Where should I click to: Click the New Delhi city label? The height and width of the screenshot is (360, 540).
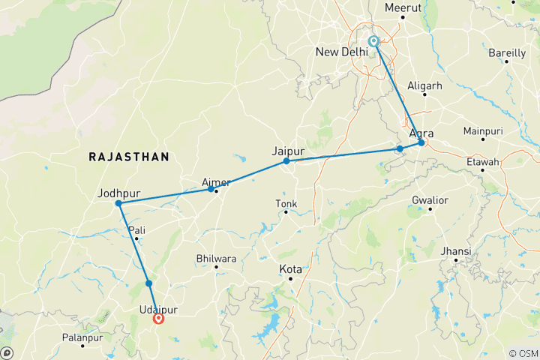coord(341,52)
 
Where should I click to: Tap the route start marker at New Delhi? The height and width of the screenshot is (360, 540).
coord(374,41)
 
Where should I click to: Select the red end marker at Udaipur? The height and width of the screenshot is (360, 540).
coord(159,318)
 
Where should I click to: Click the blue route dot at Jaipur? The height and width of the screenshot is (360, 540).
coord(286,161)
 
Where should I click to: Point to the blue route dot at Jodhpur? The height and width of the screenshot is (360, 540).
coord(118,203)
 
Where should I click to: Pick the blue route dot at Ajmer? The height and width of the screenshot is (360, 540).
coord(211,189)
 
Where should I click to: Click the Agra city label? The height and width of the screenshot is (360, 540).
coord(421,133)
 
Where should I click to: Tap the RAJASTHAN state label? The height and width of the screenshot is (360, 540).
coord(128,157)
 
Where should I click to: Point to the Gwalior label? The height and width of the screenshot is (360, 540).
coord(430,200)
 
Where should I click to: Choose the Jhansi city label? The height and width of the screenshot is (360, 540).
coord(456,250)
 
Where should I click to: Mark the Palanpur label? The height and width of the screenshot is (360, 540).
coord(82,337)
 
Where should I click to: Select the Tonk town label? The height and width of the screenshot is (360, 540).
coord(286,203)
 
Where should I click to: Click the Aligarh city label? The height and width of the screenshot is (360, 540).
coord(425,85)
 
